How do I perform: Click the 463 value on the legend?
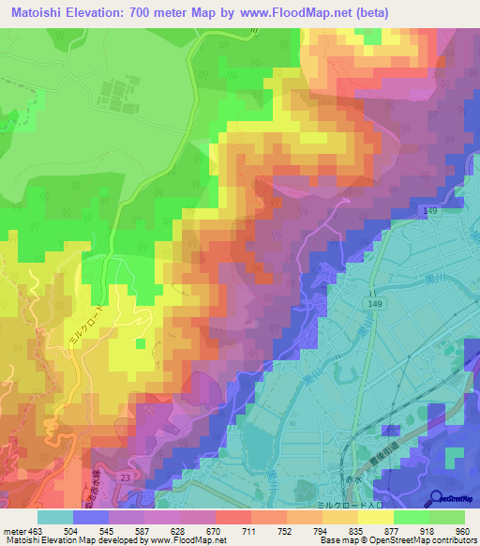(32, 530)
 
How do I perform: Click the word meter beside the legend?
(11, 530)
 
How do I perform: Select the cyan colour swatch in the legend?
(55, 516)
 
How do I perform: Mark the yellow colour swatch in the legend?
(377, 516)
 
